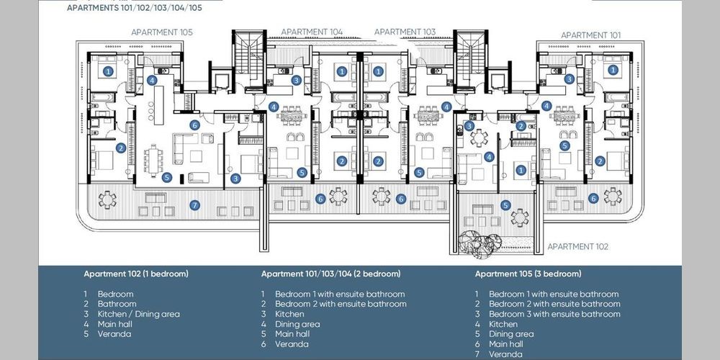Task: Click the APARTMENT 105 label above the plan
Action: point(161,32)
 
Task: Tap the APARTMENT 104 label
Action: point(312,32)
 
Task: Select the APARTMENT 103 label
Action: point(405,32)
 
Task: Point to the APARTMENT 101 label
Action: point(590,35)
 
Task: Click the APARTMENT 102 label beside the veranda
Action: point(577,246)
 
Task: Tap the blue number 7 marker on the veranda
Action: point(194,205)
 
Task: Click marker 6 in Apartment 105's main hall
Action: point(194,125)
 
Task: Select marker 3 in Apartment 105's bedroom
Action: point(235,179)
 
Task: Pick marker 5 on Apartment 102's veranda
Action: point(505,205)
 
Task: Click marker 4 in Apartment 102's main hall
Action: point(489,157)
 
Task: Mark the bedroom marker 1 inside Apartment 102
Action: point(521,171)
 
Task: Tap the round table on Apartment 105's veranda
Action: point(107,199)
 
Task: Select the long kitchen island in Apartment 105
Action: point(159,105)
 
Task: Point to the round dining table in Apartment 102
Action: point(479,138)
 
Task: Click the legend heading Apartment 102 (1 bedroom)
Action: point(136,274)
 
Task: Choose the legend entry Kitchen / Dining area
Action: point(139,314)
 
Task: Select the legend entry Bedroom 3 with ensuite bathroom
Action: point(554,314)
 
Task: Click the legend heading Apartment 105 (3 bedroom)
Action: point(528,274)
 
